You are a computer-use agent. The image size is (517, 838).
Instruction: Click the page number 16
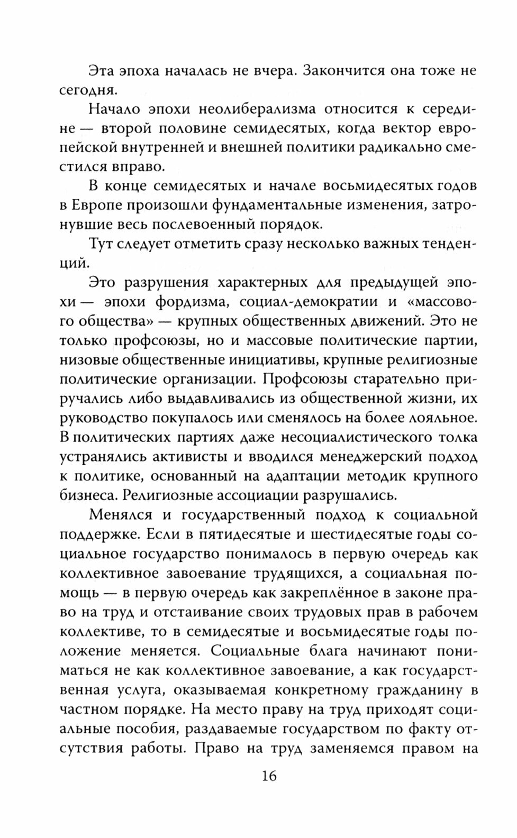pos(268,776)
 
